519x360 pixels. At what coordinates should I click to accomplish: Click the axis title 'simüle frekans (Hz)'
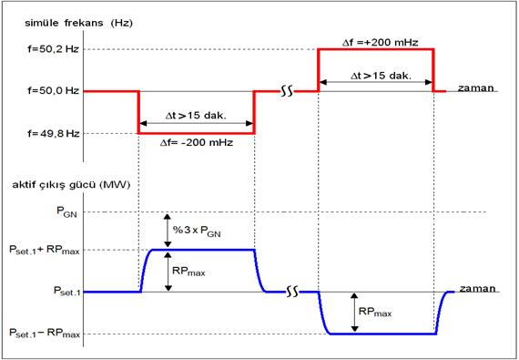pos(79,24)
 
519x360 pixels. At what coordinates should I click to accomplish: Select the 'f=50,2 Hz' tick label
pos(54,49)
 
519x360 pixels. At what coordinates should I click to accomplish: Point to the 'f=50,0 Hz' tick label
pos(54,91)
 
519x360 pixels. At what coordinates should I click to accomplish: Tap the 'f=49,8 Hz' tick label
pos(54,133)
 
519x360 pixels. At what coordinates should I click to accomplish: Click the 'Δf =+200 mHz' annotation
pos(380,43)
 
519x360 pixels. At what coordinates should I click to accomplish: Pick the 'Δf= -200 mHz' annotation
pos(197,143)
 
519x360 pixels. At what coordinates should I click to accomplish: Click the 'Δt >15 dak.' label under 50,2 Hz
pos(381,76)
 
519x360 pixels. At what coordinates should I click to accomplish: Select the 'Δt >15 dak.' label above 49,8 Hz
pos(196,117)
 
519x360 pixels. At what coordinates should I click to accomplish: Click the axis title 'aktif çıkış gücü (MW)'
pos(71,185)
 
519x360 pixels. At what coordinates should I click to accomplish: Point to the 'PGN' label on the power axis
pos(66,212)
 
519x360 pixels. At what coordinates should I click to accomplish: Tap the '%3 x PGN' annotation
pos(197,231)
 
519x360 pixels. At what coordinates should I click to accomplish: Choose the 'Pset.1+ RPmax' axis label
pos(45,251)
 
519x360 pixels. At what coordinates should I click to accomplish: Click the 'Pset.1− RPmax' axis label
pos(45,333)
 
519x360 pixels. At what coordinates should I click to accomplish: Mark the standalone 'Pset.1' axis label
pos(66,291)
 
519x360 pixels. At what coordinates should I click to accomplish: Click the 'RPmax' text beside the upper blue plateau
pos(188,272)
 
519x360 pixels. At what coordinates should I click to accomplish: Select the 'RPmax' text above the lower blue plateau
pos(375,312)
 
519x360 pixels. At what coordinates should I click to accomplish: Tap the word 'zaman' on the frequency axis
pos(475,88)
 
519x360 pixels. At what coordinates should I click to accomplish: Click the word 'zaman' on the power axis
pos(478,289)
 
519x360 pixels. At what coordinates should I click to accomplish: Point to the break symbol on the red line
pos(287,91)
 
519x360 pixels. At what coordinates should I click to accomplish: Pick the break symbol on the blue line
pos(292,292)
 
